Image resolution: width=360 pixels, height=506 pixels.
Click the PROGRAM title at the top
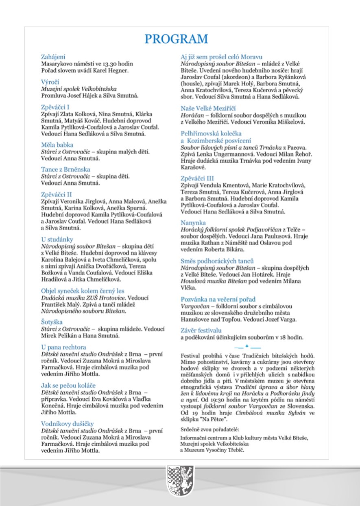(177, 39)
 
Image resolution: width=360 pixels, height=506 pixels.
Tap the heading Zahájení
(54, 57)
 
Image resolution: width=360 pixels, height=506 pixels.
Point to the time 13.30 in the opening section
(112, 64)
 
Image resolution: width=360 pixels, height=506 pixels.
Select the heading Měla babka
(57, 145)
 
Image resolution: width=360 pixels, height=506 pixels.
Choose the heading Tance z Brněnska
(65, 169)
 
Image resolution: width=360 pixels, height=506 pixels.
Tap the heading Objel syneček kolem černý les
(83, 291)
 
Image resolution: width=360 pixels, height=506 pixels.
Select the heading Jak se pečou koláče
(69, 385)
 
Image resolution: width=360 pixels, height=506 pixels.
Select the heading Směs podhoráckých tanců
(218, 261)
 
